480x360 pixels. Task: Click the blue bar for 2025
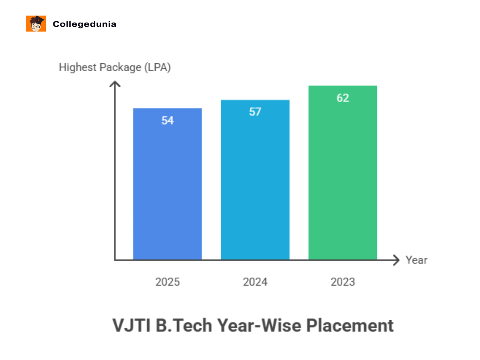(167, 187)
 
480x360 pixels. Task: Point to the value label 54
(167, 120)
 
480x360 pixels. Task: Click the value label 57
(255, 112)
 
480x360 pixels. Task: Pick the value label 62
(343, 98)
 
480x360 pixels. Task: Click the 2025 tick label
(167, 282)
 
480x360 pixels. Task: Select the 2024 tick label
(255, 282)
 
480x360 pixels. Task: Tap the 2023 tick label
(343, 282)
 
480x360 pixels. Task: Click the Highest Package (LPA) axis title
(115, 67)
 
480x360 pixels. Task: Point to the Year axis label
(416, 260)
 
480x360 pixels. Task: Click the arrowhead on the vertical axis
(115, 84)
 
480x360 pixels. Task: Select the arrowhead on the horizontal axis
(396, 260)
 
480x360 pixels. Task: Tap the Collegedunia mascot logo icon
(36, 24)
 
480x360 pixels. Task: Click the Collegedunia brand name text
(84, 24)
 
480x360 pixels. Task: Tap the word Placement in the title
(350, 325)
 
